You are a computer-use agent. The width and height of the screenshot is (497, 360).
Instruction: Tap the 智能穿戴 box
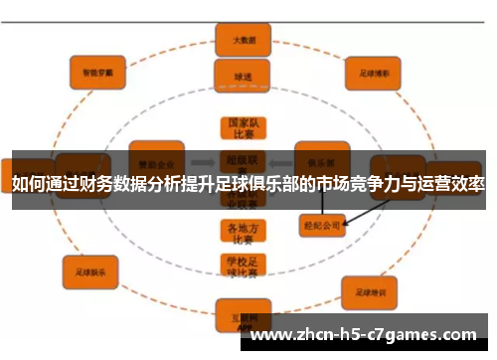click(96, 71)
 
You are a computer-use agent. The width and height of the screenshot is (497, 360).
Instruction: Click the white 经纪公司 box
click(320, 226)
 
